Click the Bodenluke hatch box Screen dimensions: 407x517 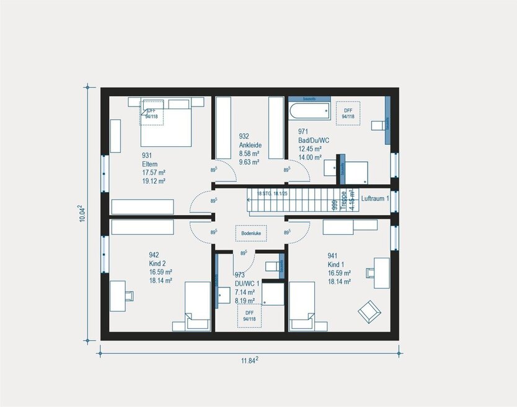pos(251,233)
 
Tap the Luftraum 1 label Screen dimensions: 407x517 pos(375,198)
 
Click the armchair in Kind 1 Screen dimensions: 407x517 pos(369,310)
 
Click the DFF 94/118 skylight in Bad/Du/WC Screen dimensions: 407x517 pos(348,113)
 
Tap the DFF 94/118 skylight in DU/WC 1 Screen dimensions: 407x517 pos(250,315)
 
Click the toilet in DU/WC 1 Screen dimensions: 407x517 pos(272,266)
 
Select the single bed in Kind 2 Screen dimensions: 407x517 pos(197,305)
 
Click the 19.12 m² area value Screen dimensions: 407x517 pos(153,182)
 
